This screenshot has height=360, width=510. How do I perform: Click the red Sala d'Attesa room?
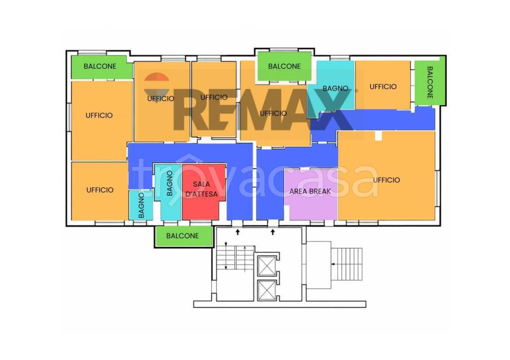click(204, 192)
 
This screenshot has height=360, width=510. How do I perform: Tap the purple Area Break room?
click(311, 195)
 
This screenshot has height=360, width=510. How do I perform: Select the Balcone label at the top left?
click(100, 66)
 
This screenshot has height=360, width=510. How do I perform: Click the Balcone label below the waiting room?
click(182, 236)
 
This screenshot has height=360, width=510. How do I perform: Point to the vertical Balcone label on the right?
click(430, 83)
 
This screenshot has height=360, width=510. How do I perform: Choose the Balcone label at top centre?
click(284, 66)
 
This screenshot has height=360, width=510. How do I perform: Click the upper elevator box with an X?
click(267, 266)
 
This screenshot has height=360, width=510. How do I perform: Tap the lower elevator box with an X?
click(267, 290)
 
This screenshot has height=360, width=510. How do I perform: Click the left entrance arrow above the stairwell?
click(238, 232)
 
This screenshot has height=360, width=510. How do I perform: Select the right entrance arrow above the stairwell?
click(273, 232)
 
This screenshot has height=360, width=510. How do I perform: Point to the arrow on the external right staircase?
click(347, 264)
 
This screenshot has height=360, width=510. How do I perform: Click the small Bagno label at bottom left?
click(141, 205)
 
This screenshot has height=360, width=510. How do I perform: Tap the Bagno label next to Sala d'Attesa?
click(169, 183)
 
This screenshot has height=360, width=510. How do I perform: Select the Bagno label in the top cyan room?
click(335, 89)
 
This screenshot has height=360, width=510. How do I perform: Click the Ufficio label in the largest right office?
click(386, 180)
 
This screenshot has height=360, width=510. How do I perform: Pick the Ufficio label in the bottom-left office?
click(100, 190)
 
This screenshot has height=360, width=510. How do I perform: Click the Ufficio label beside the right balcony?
click(383, 87)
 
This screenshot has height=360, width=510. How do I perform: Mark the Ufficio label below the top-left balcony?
click(99, 116)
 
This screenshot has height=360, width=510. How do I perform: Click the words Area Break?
click(310, 192)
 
